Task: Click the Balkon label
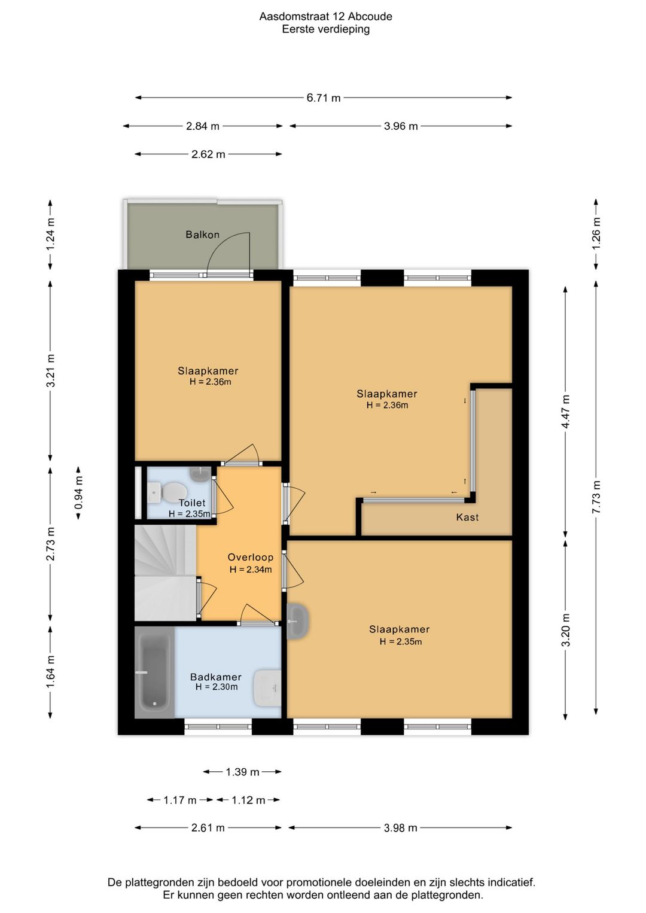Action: point(202,235)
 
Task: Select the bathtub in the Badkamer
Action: point(154,672)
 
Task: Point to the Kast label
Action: point(467,518)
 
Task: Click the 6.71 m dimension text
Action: point(324,98)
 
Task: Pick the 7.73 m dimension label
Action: point(596,497)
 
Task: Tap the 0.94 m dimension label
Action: point(79,493)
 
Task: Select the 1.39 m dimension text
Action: point(242,772)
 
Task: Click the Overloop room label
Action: point(250,557)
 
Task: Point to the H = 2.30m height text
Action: point(217,687)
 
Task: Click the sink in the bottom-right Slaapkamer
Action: point(298,622)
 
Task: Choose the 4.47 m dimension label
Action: point(565,412)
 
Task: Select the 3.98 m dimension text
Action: point(400,828)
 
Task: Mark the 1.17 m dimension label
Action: point(179,800)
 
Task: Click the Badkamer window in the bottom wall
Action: point(218,726)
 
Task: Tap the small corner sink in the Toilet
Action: point(200,474)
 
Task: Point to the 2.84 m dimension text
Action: point(203,126)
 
